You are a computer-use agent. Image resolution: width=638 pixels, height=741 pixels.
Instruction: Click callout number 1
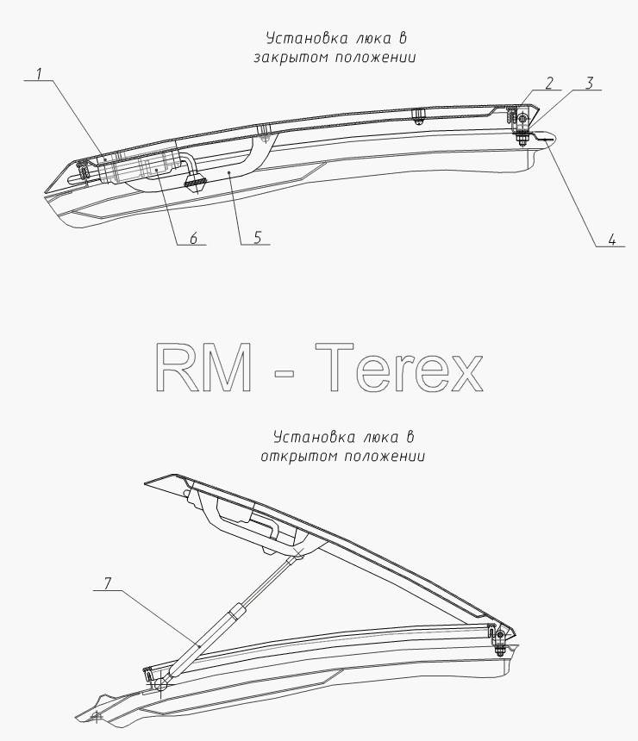pyautogui.click(x=40, y=74)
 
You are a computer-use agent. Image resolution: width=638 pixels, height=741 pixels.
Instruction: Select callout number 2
pyautogui.click(x=549, y=84)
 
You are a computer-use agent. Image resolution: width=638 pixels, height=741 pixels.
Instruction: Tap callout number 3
pyautogui.click(x=589, y=84)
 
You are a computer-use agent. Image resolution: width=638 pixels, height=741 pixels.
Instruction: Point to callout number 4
pyautogui.click(x=612, y=240)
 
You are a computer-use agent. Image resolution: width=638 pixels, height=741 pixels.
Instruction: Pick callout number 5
pyautogui.click(x=257, y=238)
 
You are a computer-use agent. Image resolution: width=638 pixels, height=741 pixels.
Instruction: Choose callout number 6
pyautogui.click(x=193, y=239)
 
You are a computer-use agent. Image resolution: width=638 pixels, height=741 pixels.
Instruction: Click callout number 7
pyautogui.click(x=108, y=583)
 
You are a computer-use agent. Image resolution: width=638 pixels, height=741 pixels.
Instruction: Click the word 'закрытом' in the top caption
pyautogui.click(x=290, y=58)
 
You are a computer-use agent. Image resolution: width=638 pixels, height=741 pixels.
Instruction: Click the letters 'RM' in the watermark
pyautogui.click(x=204, y=367)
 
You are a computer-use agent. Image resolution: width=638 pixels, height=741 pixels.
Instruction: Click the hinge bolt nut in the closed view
pyautogui.click(x=522, y=140)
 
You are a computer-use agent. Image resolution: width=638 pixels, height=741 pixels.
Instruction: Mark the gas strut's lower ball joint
pyautogui.click(x=160, y=684)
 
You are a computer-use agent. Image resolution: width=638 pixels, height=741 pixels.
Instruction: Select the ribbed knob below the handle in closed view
pyautogui.click(x=196, y=179)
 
